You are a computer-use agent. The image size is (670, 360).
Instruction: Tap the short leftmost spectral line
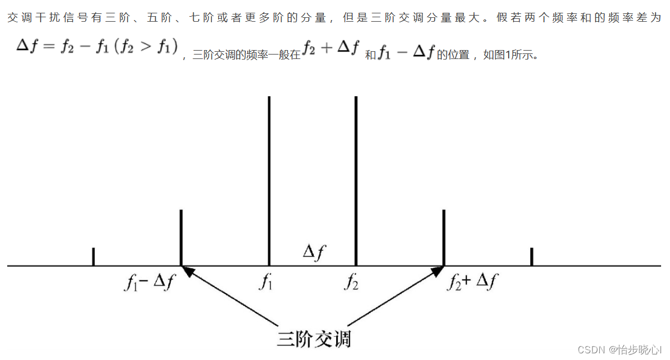(x=93, y=257)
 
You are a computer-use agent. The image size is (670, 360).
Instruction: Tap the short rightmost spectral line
(x=532, y=257)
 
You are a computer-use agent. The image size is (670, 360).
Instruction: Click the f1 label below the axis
(x=266, y=283)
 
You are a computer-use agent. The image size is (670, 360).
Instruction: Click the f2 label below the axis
(x=351, y=283)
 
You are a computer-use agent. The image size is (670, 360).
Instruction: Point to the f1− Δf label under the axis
(x=149, y=283)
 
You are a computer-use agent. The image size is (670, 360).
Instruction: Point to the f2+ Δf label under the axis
(x=472, y=283)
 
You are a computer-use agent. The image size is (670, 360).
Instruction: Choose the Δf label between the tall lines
(x=314, y=253)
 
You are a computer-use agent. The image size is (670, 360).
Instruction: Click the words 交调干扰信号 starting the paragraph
(x=42, y=18)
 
